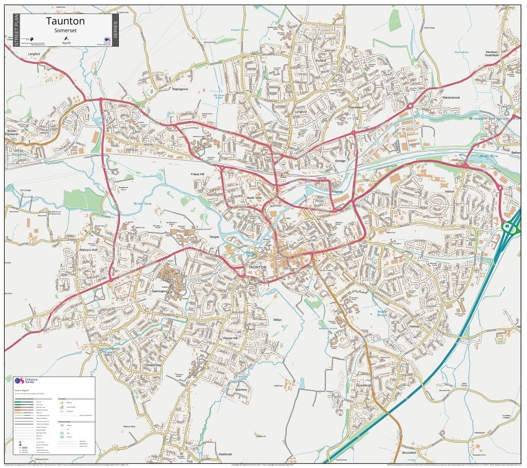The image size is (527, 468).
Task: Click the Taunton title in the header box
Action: click(x=65, y=21)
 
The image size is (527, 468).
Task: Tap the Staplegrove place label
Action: click(x=180, y=89)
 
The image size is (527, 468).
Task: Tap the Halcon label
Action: click(x=450, y=191)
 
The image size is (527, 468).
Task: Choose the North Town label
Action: click(x=254, y=198)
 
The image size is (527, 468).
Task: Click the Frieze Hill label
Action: click(x=198, y=175)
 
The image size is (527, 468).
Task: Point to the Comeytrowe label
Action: click(x=153, y=365)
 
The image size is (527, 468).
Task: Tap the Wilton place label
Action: click(x=277, y=320)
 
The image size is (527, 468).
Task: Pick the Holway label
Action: click(x=414, y=326)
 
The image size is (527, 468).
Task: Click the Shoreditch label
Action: click(x=409, y=453)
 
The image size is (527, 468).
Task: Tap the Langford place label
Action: click(x=34, y=53)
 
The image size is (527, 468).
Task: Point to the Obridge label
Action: click(x=340, y=161)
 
